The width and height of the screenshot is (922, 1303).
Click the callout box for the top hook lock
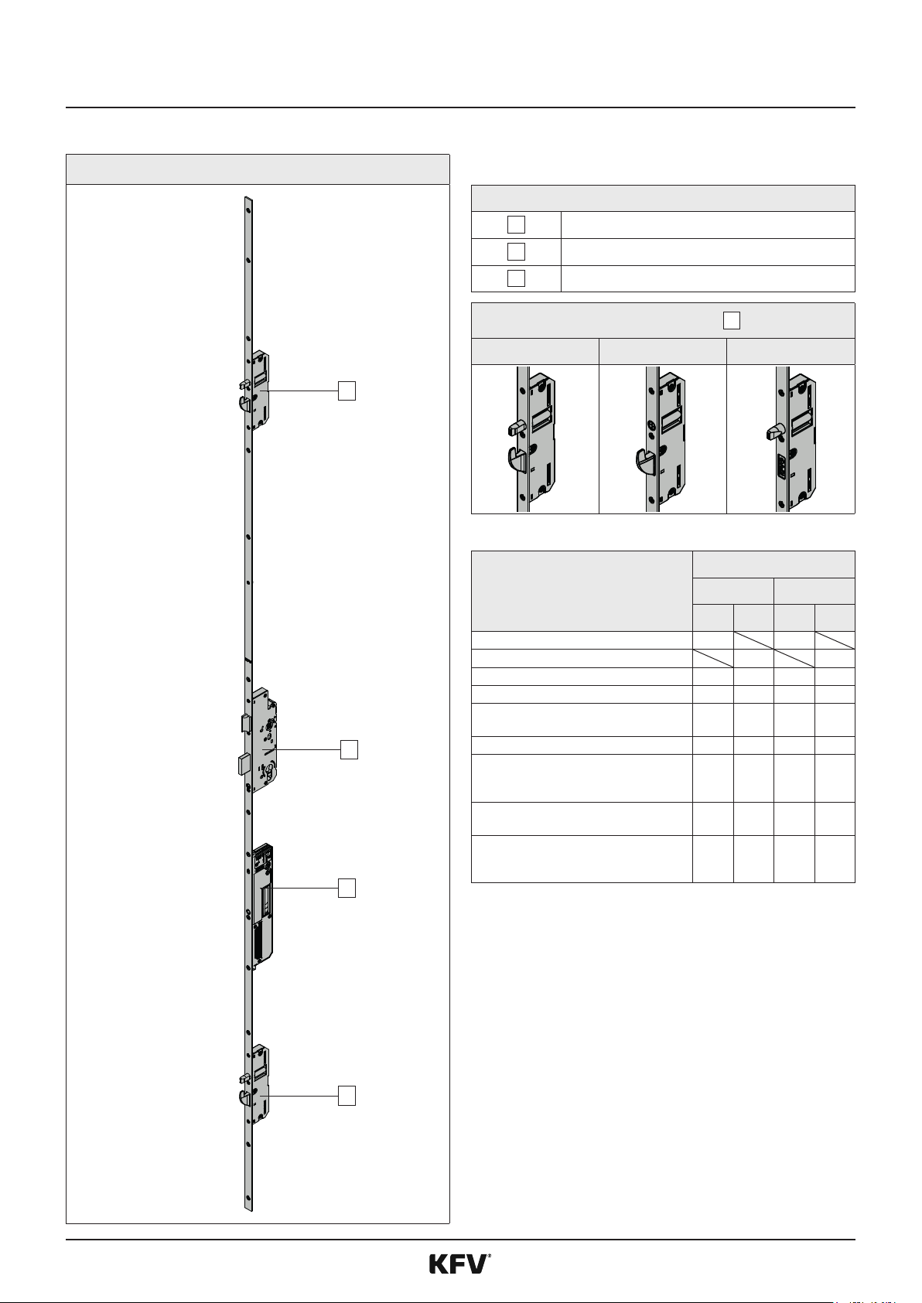[347, 391]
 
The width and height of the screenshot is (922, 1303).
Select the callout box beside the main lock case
[349, 750]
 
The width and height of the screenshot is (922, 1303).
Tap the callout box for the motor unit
[347, 889]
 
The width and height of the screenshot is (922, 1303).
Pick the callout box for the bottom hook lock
[347, 1096]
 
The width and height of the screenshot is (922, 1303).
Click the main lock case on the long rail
[265, 741]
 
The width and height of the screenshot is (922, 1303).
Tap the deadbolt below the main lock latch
[244, 765]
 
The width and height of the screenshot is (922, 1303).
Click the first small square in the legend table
[516, 224]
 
